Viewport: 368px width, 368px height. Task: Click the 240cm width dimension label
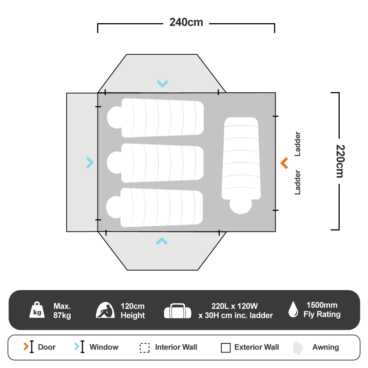[x=186, y=22]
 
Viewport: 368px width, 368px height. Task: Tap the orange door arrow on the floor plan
[x=284, y=163]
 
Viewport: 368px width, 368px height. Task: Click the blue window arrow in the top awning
[x=162, y=84]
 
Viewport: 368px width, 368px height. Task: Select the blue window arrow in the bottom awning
[x=162, y=241]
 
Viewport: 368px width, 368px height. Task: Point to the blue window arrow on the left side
[x=90, y=162]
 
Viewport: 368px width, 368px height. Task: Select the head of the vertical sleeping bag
[x=241, y=206]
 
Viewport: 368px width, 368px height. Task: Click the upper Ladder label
[x=298, y=144]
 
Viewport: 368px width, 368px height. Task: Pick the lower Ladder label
[x=298, y=182]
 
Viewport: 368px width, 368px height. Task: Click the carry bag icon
[x=178, y=311]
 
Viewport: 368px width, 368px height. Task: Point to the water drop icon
[x=293, y=309]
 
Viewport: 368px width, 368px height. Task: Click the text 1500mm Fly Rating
[x=322, y=310]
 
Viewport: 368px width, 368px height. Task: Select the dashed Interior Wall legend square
[x=145, y=348]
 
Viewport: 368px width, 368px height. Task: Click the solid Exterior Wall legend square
[x=226, y=348]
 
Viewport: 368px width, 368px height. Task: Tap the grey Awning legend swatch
[x=298, y=347]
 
